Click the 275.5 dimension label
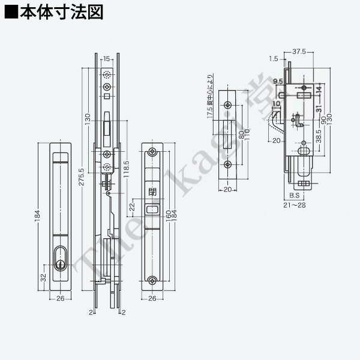[x=81, y=179]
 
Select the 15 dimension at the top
[x=106, y=59]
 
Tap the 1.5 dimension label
[x=274, y=59]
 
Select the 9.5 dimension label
[x=277, y=81]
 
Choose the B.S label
[x=294, y=196]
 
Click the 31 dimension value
[x=319, y=108]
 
